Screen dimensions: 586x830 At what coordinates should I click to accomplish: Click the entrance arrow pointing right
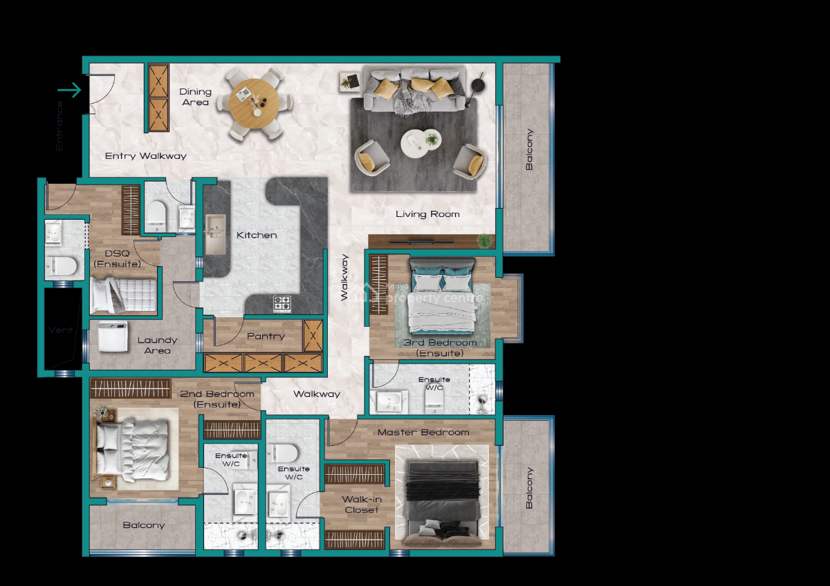click(69, 90)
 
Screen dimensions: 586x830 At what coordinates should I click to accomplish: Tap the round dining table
click(255, 104)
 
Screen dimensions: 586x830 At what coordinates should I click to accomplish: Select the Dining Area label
click(195, 97)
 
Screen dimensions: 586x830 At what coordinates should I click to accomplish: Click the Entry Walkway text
click(146, 156)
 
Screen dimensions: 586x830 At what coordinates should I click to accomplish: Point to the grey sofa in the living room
click(414, 90)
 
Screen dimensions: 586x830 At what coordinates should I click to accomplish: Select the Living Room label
click(427, 214)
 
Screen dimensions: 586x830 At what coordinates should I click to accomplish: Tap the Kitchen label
click(257, 236)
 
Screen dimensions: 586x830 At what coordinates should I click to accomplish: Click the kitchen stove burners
click(282, 303)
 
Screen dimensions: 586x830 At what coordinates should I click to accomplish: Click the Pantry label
click(266, 337)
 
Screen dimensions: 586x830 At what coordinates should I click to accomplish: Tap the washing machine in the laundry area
click(112, 337)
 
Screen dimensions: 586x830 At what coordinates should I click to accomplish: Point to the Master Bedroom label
click(423, 433)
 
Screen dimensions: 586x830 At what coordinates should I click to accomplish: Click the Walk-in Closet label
click(362, 504)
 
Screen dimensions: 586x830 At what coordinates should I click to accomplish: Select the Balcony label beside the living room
click(530, 150)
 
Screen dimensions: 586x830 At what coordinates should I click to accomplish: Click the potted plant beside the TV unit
click(485, 240)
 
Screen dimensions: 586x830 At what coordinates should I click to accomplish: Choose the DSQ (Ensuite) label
click(117, 258)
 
